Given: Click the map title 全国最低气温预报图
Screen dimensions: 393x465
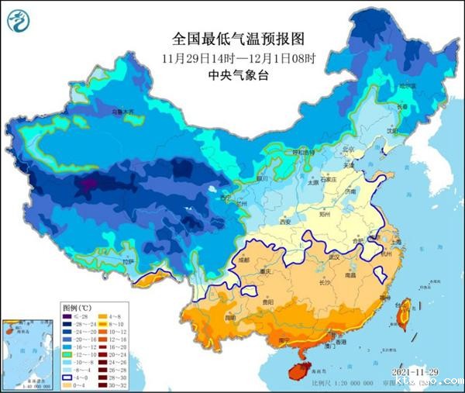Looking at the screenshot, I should pos(234,38).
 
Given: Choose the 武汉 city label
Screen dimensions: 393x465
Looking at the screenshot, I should pos(335,257).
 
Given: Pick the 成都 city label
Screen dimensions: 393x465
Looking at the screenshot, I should pos(246,261).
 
